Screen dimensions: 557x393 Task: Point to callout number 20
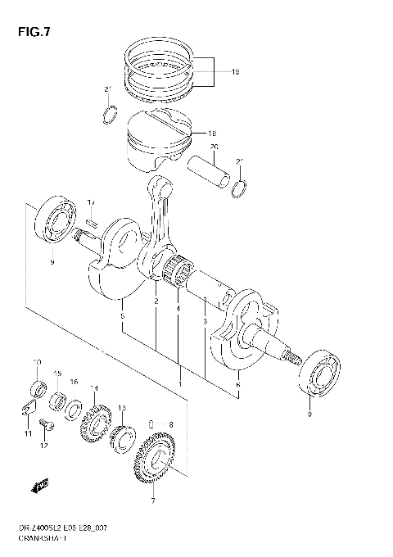coord(215,147)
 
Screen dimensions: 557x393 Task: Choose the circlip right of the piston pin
coord(237,190)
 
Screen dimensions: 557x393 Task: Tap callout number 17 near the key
coord(91,202)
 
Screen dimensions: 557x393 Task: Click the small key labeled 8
coord(150,423)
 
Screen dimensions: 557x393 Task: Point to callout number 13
coord(121,408)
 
